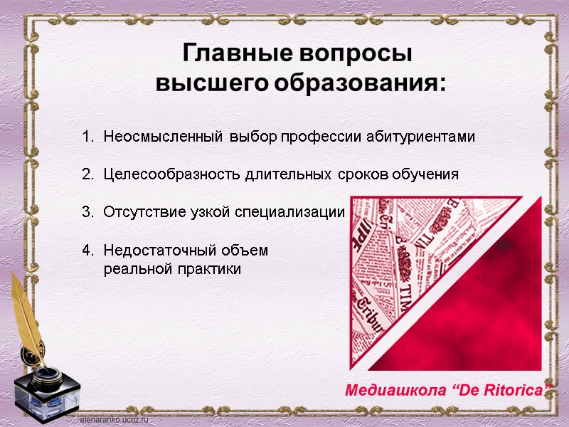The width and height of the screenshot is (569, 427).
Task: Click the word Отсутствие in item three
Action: click(x=139, y=212)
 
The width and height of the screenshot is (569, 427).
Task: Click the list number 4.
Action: click(x=87, y=251)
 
